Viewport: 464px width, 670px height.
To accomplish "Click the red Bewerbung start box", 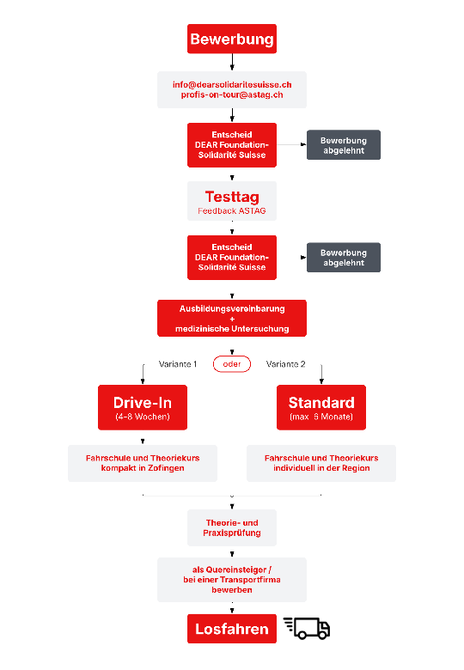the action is click(232, 39).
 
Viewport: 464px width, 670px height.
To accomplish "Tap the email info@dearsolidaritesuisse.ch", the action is click(232, 84).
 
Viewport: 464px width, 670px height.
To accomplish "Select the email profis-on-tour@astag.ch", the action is click(232, 94).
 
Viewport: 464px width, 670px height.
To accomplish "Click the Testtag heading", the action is click(232, 197).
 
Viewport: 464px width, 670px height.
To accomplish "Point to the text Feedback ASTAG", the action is click(232, 210).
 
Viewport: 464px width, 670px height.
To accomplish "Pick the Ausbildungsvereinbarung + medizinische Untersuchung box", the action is click(232, 319).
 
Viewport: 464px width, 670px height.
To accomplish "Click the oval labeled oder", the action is click(232, 364).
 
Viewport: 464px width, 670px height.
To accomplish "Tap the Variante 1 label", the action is click(178, 364).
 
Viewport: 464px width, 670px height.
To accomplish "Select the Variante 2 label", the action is click(286, 364).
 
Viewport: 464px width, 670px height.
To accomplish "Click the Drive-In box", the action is click(143, 407).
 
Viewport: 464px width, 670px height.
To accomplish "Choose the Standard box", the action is click(321, 407).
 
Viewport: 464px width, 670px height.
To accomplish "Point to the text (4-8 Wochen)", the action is click(143, 417).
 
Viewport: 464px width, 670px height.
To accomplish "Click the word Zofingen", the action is click(166, 468).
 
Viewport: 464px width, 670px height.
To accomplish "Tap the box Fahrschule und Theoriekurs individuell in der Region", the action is click(321, 463).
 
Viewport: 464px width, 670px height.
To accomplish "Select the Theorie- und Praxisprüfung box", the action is click(232, 527).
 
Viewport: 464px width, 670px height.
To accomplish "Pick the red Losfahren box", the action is click(232, 629).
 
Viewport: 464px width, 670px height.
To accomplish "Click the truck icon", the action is click(307, 628).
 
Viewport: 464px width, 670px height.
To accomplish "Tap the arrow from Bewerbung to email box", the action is click(232, 62).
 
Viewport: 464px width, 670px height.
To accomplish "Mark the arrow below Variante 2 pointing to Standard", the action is click(321, 375).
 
